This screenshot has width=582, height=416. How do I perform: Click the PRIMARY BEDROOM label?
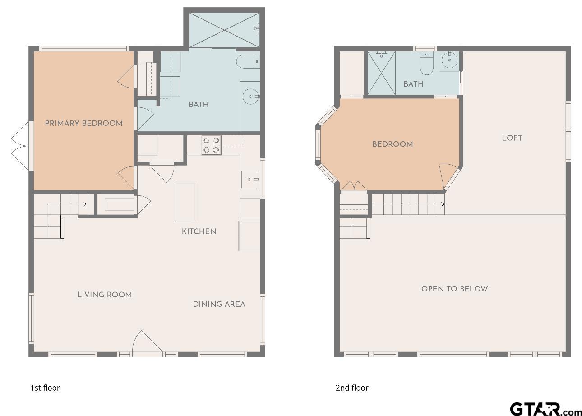pyautogui.click(x=83, y=123)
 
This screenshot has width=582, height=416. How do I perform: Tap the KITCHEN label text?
pyautogui.click(x=199, y=231)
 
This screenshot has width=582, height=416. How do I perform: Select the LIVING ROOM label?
pyautogui.click(x=104, y=295)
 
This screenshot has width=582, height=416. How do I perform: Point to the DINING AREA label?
pyautogui.click(x=219, y=304)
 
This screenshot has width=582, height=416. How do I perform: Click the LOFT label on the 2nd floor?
pyautogui.click(x=512, y=138)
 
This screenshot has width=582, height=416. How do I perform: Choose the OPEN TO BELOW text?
pyautogui.click(x=454, y=289)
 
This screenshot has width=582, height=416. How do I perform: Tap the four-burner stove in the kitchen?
pyautogui.click(x=211, y=145)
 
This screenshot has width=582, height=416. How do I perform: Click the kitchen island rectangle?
pyautogui.click(x=185, y=202)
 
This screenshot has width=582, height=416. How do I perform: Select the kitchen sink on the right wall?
pyautogui.click(x=249, y=180)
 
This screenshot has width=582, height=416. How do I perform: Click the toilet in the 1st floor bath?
pyautogui.click(x=247, y=61)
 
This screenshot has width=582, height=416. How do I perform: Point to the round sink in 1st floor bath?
pyautogui.click(x=250, y=96)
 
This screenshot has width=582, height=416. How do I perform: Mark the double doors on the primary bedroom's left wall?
pyautogui.click(x=20, y=146)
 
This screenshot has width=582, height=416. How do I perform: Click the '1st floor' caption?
pyautogui.click(x=45, y=388)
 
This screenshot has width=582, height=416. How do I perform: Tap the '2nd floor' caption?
pyautogui.click(x=351, y=388)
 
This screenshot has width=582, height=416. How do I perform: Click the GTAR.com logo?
pyautogui.click(x=545, y=409)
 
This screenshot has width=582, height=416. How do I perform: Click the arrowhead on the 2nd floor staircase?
pyautogui.click(x=442, y=204)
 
